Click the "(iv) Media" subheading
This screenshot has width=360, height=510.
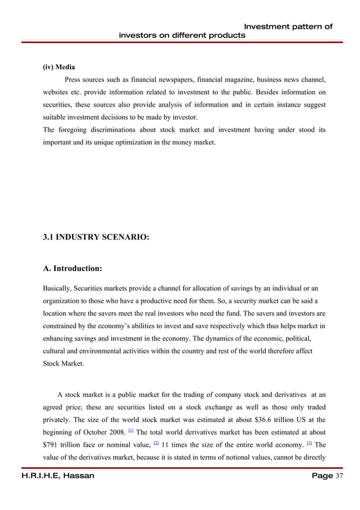coord(59,67)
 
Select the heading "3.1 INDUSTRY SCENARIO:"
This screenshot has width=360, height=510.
coord(96,238)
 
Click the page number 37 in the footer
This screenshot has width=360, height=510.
coord(340,476)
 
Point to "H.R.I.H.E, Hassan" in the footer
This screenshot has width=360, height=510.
coord(50,476)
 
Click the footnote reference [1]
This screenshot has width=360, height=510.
coord(131,430)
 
